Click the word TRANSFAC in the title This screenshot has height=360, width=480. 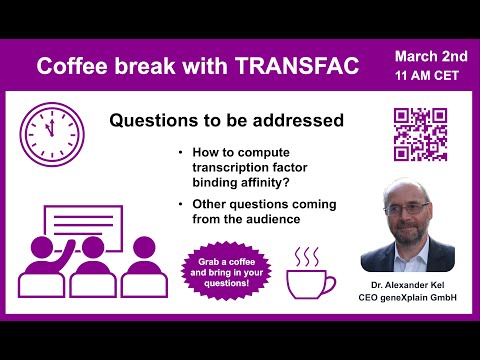tap(311, 66)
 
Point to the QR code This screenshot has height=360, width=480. tap(419, 135)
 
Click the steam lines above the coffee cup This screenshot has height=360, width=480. tap(305, 256)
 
